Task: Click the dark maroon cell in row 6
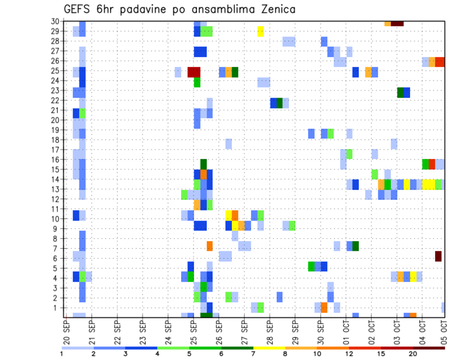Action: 438,256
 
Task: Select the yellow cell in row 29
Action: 261,31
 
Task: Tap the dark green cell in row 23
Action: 400,92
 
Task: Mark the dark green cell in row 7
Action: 356,246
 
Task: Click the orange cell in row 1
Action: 324,308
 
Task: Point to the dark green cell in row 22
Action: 280,103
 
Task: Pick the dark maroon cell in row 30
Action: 397,23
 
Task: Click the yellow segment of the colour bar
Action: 269,348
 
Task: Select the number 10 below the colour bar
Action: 317,354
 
